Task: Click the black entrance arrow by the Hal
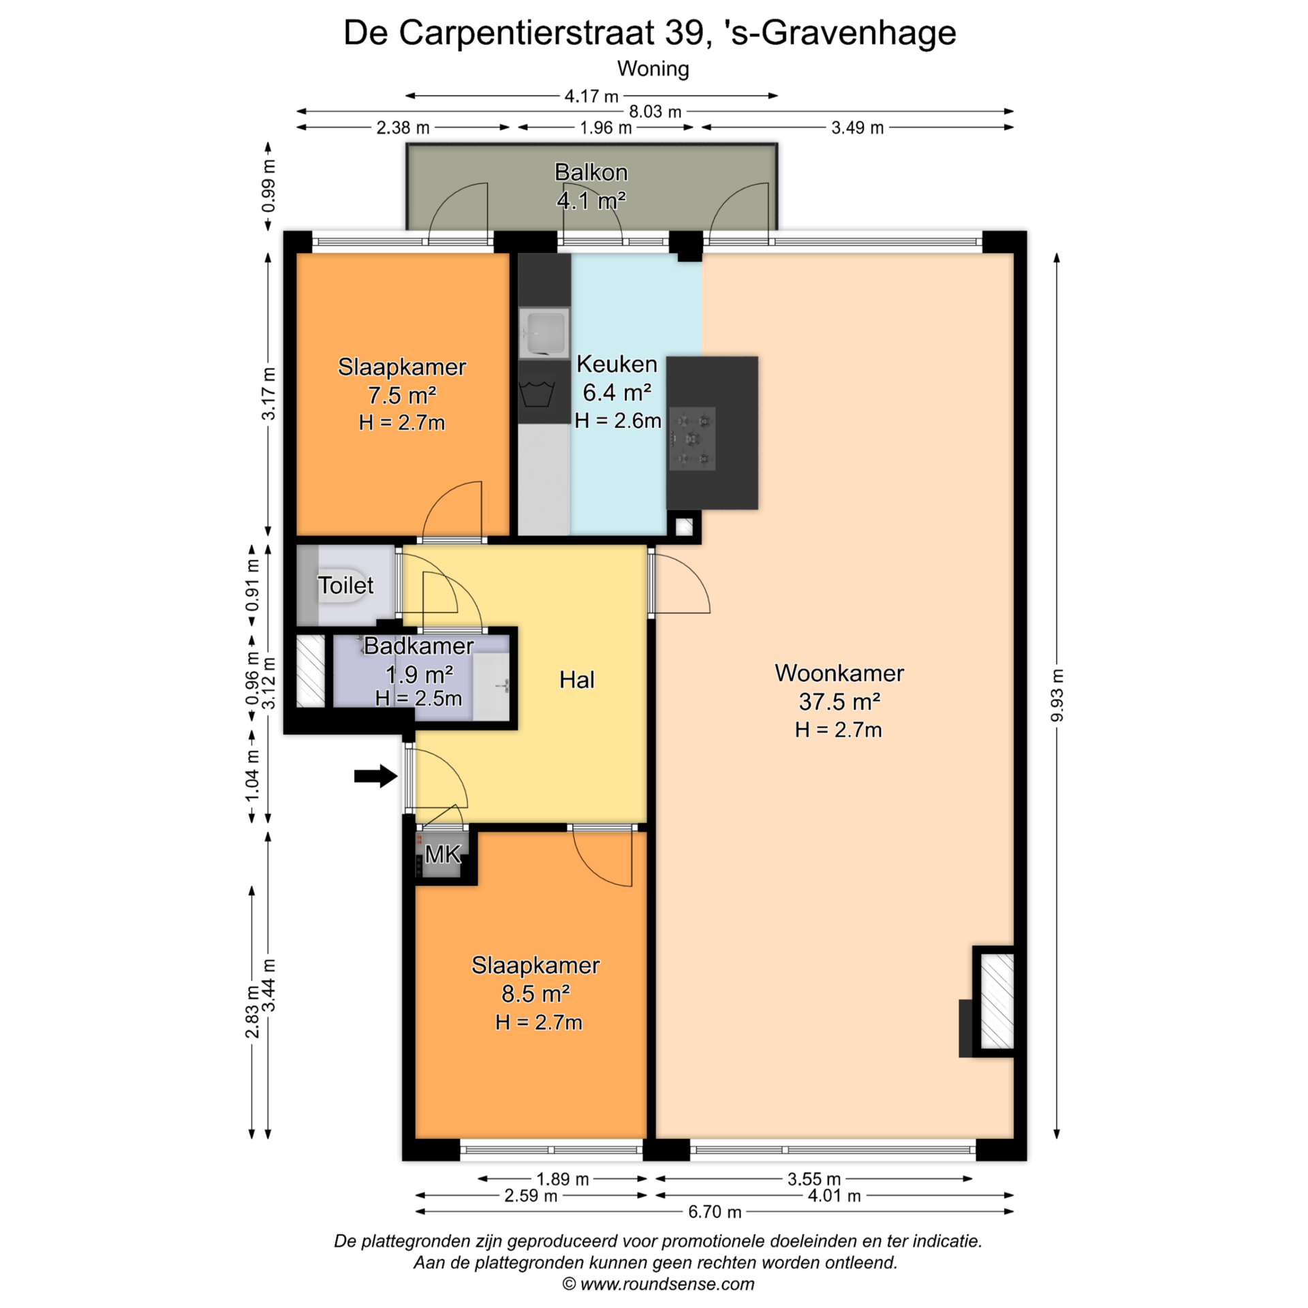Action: [375, 775]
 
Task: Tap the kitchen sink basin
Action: [544, 333]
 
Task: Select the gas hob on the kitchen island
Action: [692, 439]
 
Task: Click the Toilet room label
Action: [346, 585]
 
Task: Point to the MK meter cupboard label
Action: [443, 854]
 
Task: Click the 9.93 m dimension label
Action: [1057, 695]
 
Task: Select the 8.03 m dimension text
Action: [655, 112]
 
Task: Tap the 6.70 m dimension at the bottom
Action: [715, 1212]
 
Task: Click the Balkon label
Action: [591, 172]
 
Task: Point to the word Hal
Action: [577, 679]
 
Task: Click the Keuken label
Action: [617, 364]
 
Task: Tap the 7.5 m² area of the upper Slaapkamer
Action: [402, 395]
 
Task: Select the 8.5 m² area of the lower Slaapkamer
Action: [536, 994]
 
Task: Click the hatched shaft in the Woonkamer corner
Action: [997, 1001]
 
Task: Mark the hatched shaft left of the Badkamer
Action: [311, 671]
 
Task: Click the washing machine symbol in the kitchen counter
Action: [538, 394]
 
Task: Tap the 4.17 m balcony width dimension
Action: [591, 96]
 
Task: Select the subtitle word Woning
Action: [653, 69]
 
